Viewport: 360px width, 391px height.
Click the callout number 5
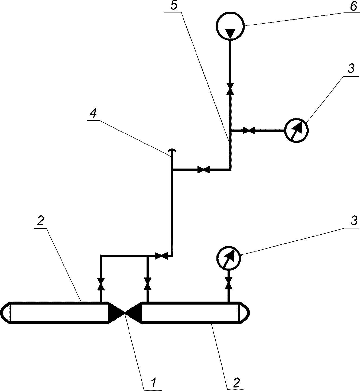pos(174,5)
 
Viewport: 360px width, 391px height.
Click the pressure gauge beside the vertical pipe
pos(296,130)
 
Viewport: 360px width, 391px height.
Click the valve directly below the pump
pos(230,89)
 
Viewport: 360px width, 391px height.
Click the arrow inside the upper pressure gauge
pos(296,130)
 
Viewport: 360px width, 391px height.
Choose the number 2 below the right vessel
pos(236,383)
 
